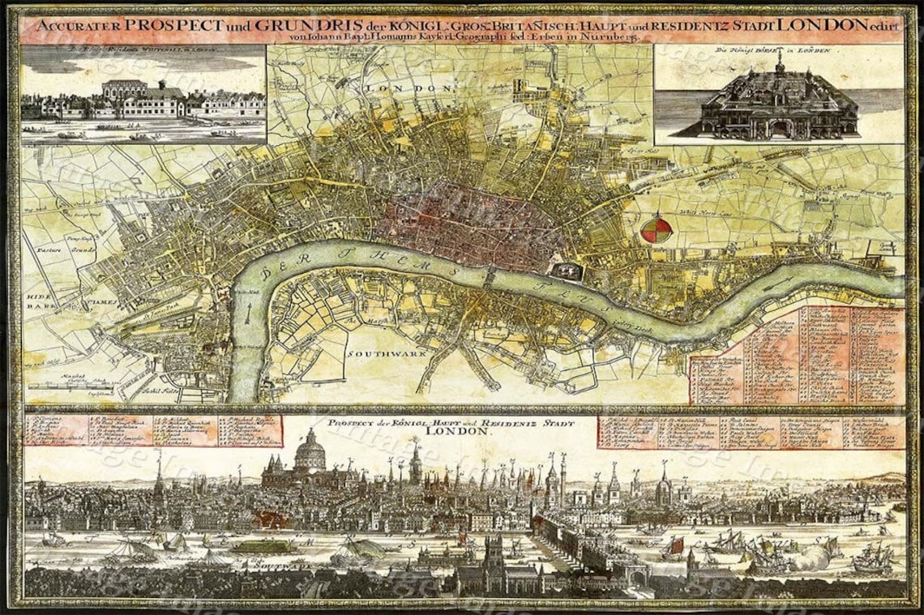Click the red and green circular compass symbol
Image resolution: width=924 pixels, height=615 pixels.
click(657, 228)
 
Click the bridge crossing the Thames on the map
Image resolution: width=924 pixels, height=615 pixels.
click(490, 277)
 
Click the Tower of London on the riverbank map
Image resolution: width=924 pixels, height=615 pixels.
click(568, 269)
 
